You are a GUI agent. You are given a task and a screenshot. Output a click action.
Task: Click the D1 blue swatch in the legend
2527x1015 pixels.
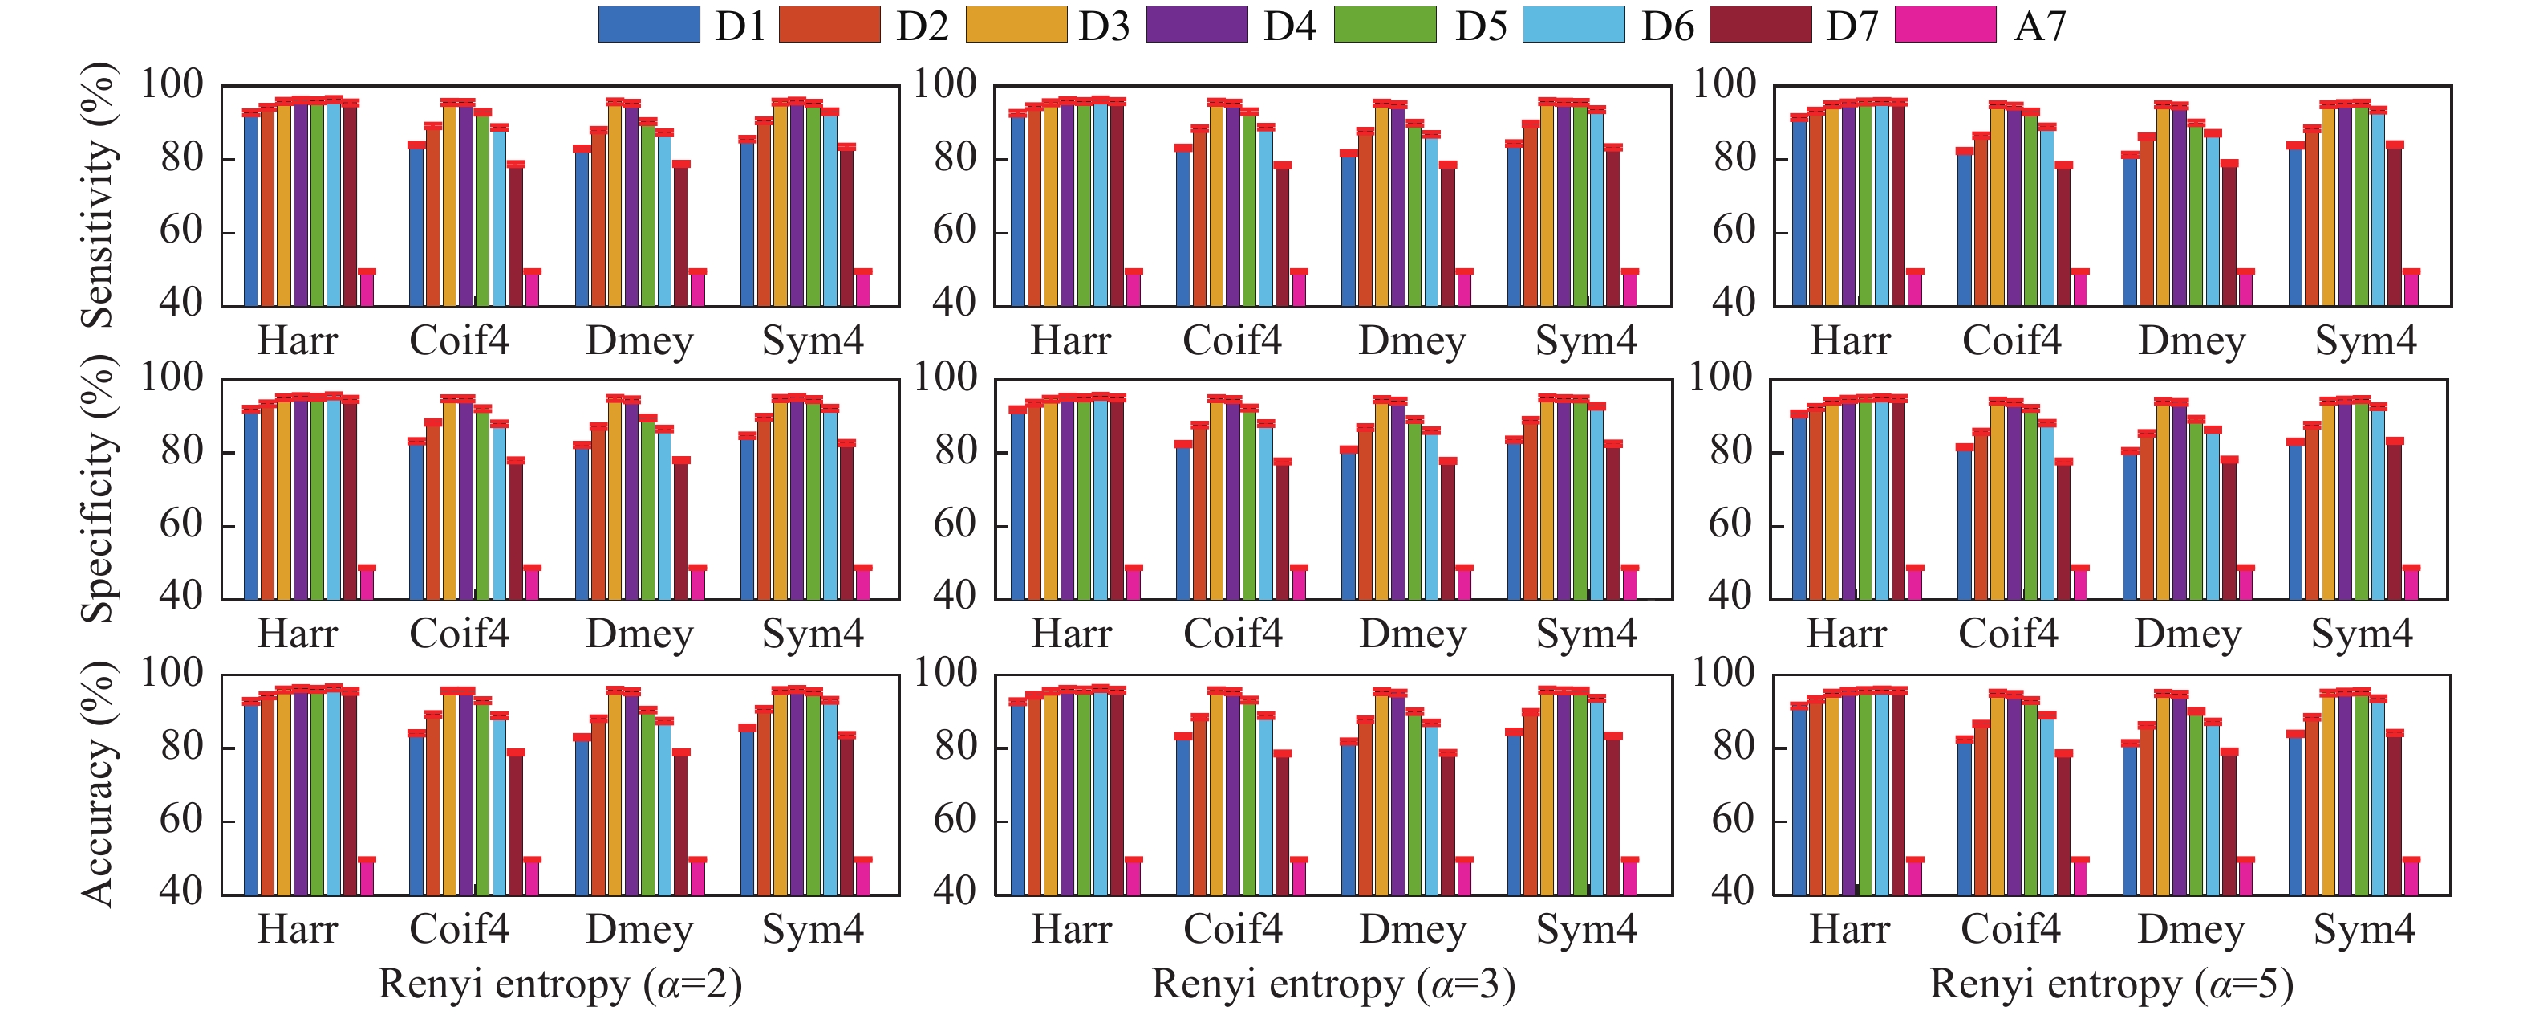coord(648,25)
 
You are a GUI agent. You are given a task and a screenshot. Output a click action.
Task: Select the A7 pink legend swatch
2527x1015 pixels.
coord(1945,25)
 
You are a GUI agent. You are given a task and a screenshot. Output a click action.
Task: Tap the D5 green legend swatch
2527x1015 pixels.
coord(1384,25)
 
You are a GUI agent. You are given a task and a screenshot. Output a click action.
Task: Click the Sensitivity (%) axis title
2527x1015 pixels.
coord(98,194)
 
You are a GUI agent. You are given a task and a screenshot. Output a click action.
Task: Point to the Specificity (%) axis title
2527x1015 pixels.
coord(98,489)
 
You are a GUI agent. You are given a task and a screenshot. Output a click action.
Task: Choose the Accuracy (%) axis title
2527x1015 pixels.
coord(98,784)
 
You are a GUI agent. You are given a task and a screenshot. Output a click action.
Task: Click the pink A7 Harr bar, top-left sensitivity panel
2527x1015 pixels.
coord(367,287)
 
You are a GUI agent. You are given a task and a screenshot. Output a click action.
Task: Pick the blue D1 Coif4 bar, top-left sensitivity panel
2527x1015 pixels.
coord(417,226)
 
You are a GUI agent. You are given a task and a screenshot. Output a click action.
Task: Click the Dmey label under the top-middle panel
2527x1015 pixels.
coord(1412,341)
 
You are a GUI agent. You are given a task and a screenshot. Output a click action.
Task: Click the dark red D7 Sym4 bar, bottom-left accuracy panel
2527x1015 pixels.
coord(846,815)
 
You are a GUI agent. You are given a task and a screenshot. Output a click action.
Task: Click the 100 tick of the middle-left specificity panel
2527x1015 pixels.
coord(172,377)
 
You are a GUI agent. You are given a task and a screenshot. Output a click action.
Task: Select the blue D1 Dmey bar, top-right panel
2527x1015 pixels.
coord(2130,230)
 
